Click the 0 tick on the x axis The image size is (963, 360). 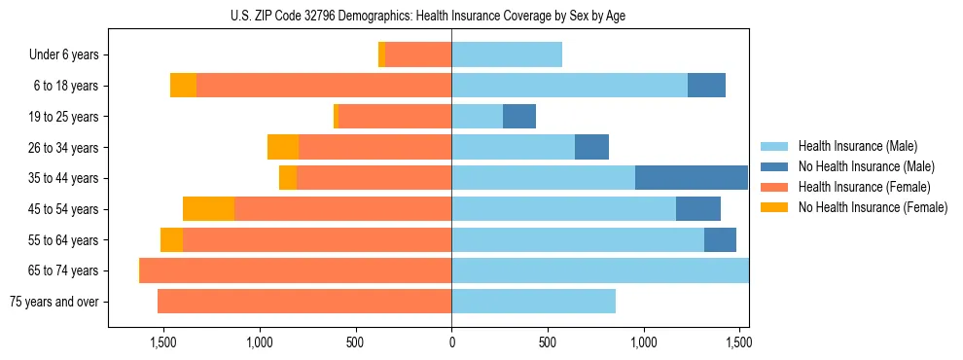click(x=451, y=342)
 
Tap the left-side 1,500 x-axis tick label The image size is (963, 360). click(x=162, y=342)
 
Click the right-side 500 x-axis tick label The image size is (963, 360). click(x=548, y=342)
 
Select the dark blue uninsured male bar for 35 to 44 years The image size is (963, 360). click(x=692, y=178)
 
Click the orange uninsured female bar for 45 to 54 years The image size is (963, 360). click(x=208, y=209)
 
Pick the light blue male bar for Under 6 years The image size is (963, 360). click(x=507, y=55)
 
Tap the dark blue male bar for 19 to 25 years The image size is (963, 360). click(x=519, y=117)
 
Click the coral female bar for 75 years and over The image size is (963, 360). click(x=304, y=302)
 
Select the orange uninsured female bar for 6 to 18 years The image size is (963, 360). click(x=183, y=86)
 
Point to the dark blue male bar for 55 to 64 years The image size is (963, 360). click(x=720, y=240)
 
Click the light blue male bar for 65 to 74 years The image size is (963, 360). click(x=600, y=270)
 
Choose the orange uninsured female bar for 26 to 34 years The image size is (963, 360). click(x=283, y=148)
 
